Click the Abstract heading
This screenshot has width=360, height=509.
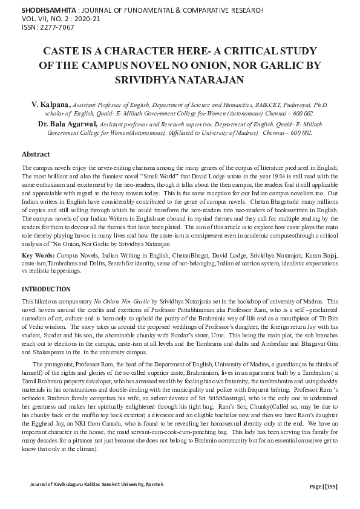[36, 154]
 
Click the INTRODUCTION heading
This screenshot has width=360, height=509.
[46, 290]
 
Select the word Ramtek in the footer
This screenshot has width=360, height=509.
[154, 484]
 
